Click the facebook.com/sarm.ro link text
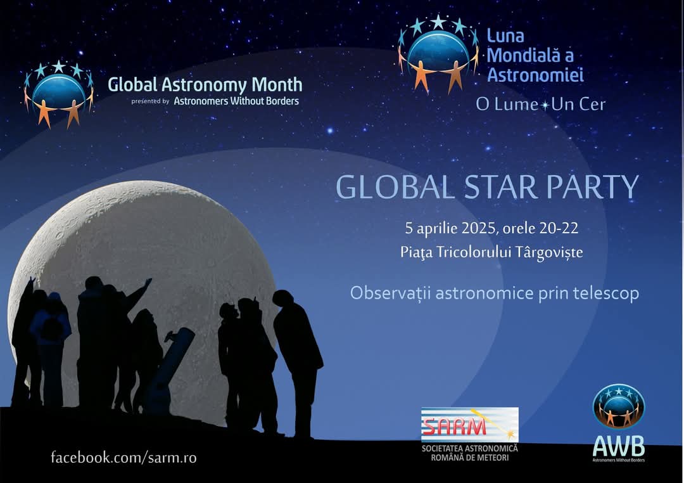point(123,457)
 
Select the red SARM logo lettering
point(454,425)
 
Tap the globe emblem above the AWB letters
point(619,406)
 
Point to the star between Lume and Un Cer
point(545,105)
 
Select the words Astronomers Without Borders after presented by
point(236,101)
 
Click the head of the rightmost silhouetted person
point(282,299)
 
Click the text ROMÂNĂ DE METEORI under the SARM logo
point(469,458)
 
